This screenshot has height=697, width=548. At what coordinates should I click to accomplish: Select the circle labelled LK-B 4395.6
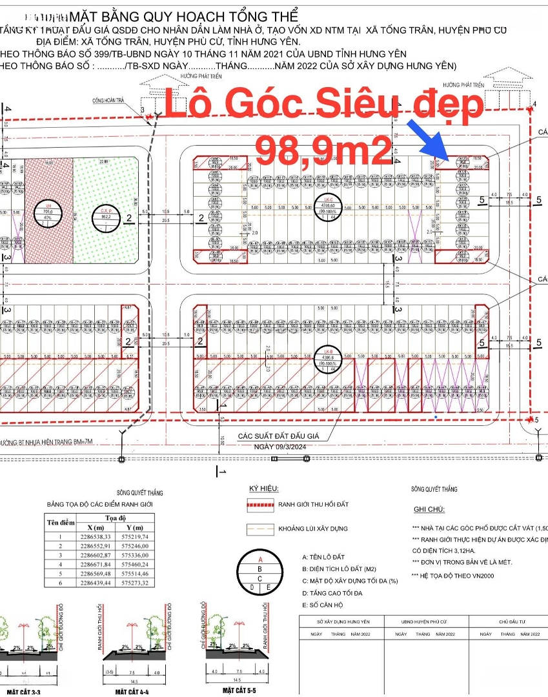(329, 357)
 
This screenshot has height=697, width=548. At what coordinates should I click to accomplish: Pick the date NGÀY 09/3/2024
(282, 447)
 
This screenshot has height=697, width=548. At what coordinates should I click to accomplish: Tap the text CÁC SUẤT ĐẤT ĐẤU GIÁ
(279, 436)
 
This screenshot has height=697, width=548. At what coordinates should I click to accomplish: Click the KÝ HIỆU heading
(264, 490)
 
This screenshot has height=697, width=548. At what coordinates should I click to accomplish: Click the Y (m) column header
(139, 527)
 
